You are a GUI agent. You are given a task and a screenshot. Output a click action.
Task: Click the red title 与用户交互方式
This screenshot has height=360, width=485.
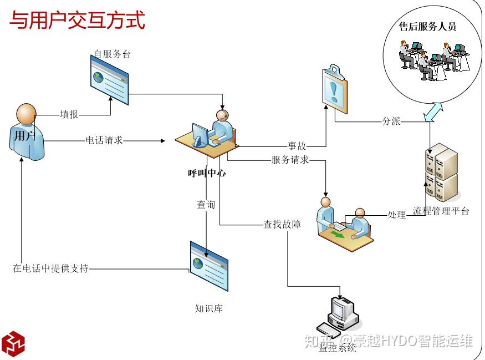click(78, 20)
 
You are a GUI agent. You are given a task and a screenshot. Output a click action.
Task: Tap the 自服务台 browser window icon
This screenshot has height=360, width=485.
click(109, 80)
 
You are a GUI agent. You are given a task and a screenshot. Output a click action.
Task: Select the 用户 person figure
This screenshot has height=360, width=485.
click(27, 132)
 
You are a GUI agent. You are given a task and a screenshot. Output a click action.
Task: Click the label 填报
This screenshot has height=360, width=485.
click(69, 114)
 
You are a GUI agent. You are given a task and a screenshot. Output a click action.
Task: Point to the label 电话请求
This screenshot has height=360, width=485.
click(104, 140)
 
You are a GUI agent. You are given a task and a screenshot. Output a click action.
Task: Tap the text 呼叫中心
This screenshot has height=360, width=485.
click(207, 173)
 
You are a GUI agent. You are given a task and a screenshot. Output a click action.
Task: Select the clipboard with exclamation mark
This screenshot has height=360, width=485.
click(335, 89)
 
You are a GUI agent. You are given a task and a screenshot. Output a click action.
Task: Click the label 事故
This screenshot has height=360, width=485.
click(297, 145)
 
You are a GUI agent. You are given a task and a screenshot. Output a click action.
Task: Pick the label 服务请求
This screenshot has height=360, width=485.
click(290, 160)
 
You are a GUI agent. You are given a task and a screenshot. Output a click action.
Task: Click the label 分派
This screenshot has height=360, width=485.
click(391, 121)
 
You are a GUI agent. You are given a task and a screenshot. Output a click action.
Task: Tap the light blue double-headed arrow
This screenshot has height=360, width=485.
click(433, 112)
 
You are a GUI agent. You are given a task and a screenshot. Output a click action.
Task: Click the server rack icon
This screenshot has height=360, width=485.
click(442, 172)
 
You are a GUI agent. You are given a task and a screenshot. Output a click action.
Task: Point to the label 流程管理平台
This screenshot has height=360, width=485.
click(441, 211)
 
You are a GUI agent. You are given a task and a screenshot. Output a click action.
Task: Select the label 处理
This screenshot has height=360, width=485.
click(396, 214)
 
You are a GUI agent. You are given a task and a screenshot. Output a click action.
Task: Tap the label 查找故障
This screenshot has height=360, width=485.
click(282, 224)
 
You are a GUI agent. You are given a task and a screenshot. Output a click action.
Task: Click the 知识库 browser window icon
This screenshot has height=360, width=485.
click(209, 266)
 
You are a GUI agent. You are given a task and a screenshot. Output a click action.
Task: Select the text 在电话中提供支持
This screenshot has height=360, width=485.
click(51, 268)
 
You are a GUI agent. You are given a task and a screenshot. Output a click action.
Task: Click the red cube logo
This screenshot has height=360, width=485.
click(13, 343)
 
